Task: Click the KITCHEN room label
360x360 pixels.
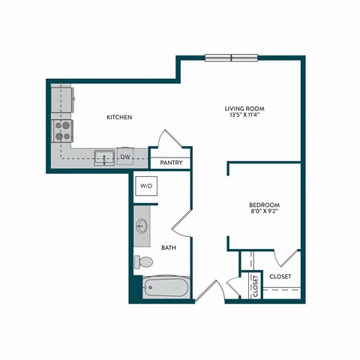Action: [119, 118]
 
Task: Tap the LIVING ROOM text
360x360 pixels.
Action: [245, 109]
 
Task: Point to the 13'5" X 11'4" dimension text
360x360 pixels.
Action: [245, 117]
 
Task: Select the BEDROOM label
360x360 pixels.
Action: [264, 205]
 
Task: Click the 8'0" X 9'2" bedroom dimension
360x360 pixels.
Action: [264, 213]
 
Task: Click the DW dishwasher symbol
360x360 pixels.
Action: [125, 157]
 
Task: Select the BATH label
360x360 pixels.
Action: [168, 248]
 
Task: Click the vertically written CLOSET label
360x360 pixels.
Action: [256, 286]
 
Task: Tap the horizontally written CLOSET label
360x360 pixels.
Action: [280, 276]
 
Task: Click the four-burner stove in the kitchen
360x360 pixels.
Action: [61, 131]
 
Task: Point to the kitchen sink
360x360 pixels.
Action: [103, 157]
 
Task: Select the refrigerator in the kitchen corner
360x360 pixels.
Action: [61, 97]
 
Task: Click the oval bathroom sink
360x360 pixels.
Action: [142, 226]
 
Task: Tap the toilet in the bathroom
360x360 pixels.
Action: [142, 262]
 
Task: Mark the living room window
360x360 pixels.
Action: [231, 58]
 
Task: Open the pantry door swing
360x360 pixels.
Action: [166, 143]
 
